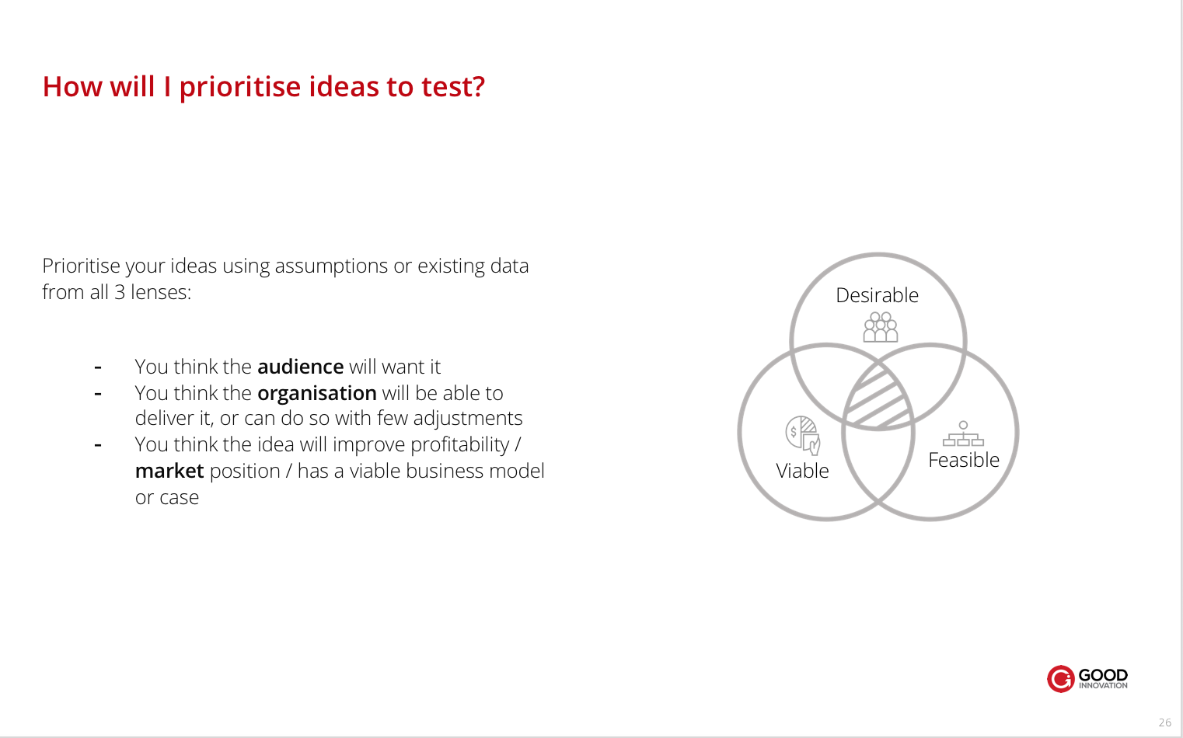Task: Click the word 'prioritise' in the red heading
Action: pyautogui.click(x=240, y=87)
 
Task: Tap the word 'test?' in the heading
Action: pyautogui.click(x=452, y=86)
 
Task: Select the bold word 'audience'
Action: pyautogui.click(x=301, y=367)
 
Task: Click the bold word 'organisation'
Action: pyautogui.click(x=317, y=394)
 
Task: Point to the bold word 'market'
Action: pyautogui.click(x=169, y=471)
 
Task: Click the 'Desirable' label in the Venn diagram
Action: pyautogui.click(x=878, y=295)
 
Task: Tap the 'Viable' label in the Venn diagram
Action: pyautogui.click(x=802, y=471)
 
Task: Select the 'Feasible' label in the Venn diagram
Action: pyautogui.click(x=964, y=460)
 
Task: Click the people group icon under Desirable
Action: pyautogui.click(x=881, y=327)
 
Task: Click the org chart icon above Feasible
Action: pyautogui.click(x=963, y=433)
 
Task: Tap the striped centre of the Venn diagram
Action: pyautogui.click(x=878, y=399)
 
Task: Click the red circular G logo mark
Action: pyautogui.click(x=1060, y=678)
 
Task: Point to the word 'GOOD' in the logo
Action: pyautogui.click(x=1103, y=675)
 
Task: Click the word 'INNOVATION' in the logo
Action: pyautogui.click(x=1103, y=686)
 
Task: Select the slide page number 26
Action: pyautogui.click(x=1165, y=722)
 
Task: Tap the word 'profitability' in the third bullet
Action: pyautogui.click(x=459, y=445)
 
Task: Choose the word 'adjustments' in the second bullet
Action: pyautogui.click(x=468, y=419)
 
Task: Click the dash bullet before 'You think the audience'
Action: pyautogui.click(x=98, y=367)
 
